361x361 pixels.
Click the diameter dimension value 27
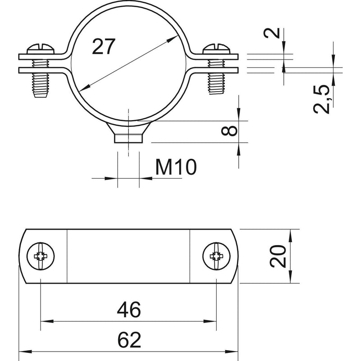coord(104,46)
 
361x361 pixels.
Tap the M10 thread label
coord(176,167)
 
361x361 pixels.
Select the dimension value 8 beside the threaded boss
coord(229,130)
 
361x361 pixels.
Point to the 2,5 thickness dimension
coord(322,99)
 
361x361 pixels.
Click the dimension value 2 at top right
coord(272,32)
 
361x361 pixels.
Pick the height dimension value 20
coord(278,256)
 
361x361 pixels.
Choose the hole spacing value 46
coord(129,310)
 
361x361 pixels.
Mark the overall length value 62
coord(129,340)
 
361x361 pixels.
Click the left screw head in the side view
coord(41,48)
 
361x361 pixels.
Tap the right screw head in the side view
coord(217,48)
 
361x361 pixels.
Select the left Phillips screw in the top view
coord(41,256)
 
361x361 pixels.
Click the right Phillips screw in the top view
coord(217,256)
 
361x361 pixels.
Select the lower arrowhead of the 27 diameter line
coord(84,87)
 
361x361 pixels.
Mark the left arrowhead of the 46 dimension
coord(47,321)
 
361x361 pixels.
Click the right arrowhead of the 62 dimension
coord(231,352)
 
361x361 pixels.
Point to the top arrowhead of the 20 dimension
coord(290,236)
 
